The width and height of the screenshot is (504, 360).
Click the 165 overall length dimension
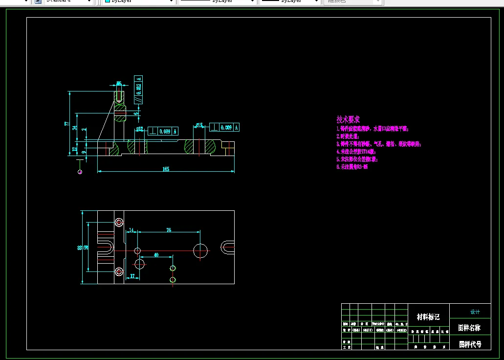(x=166, y=169)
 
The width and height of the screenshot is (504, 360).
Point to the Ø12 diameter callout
(x=140, y=130)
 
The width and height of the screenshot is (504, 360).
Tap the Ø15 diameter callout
(x=199, y=125)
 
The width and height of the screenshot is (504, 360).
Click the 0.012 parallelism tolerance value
(x=139, y=88)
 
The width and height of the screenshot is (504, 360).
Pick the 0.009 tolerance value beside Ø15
(x=226, y=127)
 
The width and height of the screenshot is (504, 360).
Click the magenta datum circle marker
(x=80, y=172)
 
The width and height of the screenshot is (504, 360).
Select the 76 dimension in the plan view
(x=169, y=229)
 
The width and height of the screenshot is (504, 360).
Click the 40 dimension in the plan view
(x=156, y=254)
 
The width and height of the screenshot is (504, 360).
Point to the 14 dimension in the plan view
(x=131, y=229)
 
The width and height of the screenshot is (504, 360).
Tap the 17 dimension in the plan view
(x=132, y=276)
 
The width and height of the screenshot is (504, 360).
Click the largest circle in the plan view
(x=200, y=250)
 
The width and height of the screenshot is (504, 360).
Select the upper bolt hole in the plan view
(x=119, y=223)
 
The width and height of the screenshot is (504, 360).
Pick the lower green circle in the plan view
(x=173, y=280)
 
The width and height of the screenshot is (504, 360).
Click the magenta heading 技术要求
(x=348, y=119)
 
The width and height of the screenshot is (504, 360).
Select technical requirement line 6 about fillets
(x=351, y=167)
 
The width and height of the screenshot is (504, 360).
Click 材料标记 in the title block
(x=428, y=317)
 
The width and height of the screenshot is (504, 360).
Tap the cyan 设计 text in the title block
(x=475, y=312)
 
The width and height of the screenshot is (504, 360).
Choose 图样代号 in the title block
(x=470, y=344)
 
